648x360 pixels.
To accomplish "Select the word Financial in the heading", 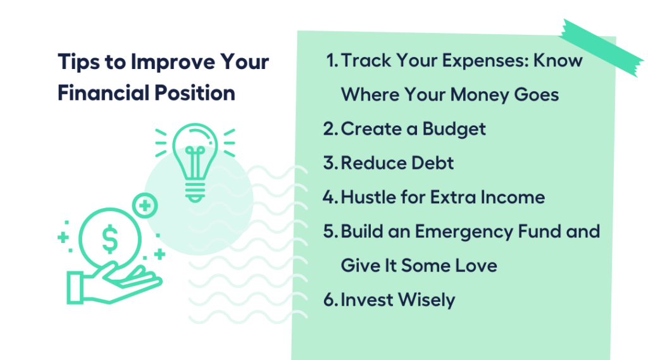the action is click(x=103, y=92).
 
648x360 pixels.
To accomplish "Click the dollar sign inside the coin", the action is click(x=110, y=239).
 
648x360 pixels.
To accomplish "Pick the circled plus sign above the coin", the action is click(x=145, y=206).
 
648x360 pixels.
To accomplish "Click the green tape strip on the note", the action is click(x=601, y=47).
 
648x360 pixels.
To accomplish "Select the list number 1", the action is click(x=332, y=61).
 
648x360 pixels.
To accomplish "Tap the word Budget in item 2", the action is click(x=454, y=129).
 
